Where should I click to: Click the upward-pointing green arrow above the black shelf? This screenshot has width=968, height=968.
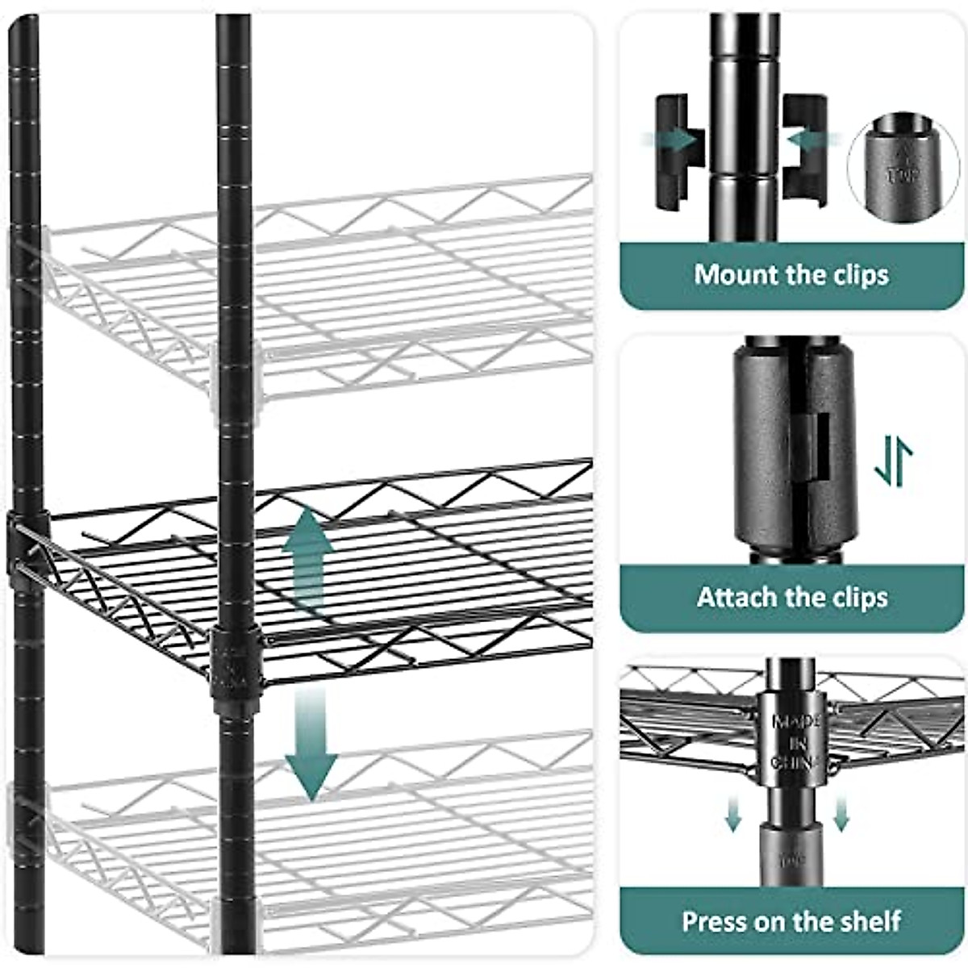pos(307,557)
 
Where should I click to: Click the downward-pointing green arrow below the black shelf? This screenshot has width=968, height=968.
pos(310,742)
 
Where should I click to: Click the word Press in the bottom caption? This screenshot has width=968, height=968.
pos(716,921)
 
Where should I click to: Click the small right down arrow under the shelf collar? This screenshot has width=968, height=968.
pos(841,814)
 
